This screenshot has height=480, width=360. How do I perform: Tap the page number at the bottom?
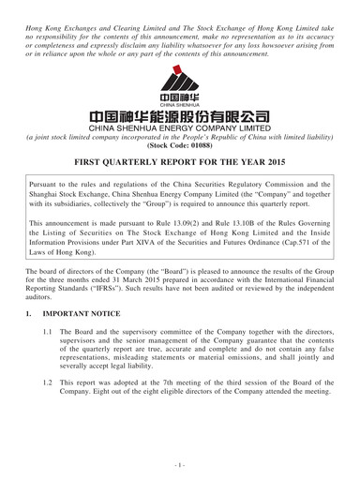pyautogui.click(x=180, y=465)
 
